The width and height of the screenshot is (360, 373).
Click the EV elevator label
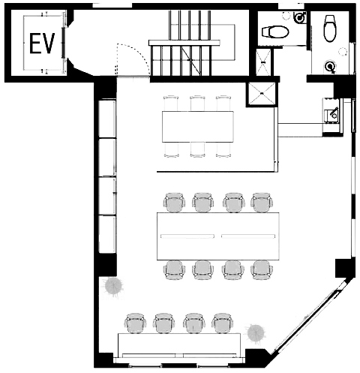click(42, 43)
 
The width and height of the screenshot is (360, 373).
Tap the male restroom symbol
click(300, 17)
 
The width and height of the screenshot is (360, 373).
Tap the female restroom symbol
click(331, 67)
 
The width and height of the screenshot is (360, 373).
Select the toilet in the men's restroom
click(275, 32)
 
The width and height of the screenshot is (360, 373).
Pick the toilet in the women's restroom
click(330, 29)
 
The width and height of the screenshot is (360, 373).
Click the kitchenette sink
click(332, 116)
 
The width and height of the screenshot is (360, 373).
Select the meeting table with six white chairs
click(198, 127)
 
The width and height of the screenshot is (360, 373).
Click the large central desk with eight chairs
click(217, 236)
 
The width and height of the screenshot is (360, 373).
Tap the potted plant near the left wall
click(113, 287)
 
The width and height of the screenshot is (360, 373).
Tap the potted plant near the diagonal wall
click(256, 333)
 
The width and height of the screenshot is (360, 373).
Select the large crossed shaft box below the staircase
click(262, 93)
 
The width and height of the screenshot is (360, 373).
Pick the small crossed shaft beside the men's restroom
click(263, 62)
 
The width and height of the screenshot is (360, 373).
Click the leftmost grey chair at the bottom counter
click(136, 323)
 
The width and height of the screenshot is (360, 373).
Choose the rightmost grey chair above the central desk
click(262, 203)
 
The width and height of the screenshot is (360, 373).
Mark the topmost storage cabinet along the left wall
click(107, 119)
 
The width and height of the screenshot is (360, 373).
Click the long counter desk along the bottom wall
click(179, 345)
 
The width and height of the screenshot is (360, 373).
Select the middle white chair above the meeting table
click(197, 103)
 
